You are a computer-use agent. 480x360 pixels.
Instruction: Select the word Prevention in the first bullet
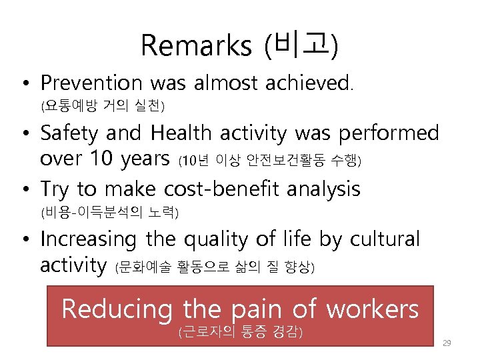[x=91, y=83]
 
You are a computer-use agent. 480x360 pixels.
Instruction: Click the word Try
[x=55, y=189]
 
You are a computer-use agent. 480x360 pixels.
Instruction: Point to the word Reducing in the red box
[x=117, y=309]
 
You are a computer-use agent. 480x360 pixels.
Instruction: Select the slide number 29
[x=447, y=343]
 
